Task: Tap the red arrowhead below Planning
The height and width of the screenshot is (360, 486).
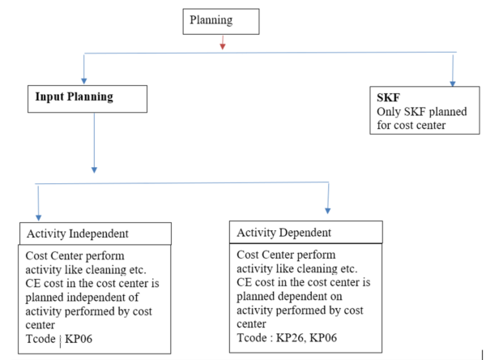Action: [x=222, y=45]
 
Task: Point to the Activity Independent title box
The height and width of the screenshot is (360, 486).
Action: [x=96, y=234]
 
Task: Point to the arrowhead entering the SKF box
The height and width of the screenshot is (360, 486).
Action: [x=452, y=82]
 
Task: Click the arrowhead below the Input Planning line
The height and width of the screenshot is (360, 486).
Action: [x=95, y=169]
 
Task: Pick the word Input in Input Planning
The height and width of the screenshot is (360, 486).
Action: [x=49, y=96]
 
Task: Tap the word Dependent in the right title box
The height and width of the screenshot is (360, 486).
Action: [x=305, y=234]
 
